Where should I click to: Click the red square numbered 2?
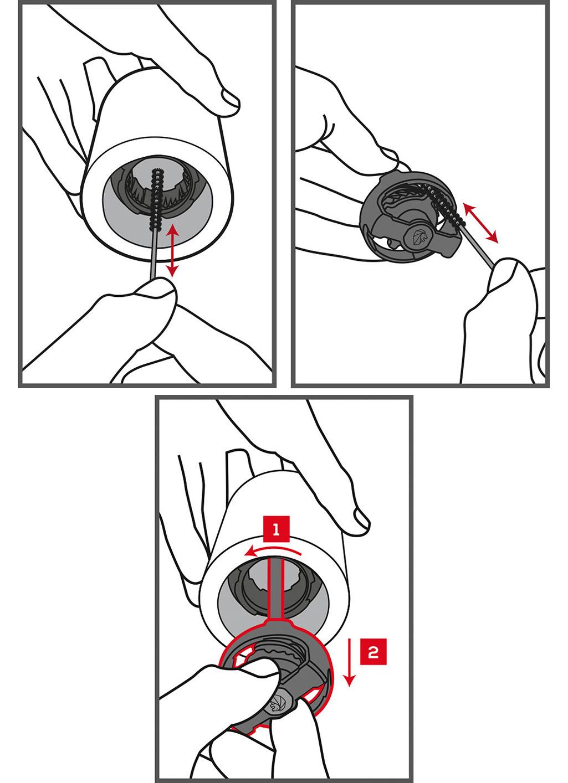point(373,652)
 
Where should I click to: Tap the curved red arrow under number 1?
point(273,552)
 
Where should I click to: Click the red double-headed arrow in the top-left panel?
point(172,251)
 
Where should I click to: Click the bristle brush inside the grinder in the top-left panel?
point(156,199)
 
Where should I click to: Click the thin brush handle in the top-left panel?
point(153,255)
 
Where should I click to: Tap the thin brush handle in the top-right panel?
point(479,246)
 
